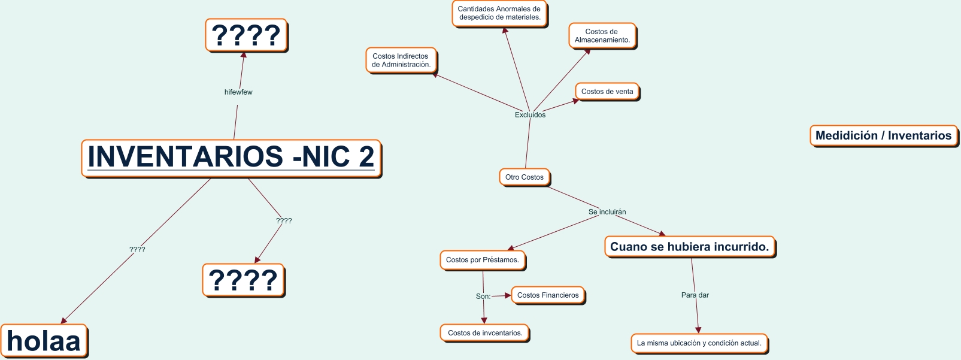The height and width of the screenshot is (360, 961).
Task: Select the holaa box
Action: (x=44, y=341)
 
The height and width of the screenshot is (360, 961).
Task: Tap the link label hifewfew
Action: (x=238, y=92)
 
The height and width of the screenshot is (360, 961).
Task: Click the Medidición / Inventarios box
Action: (x=883, y=135)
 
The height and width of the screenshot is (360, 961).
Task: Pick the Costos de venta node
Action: (x=607, y=92)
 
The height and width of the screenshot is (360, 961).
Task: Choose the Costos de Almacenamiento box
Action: (x=602, y=36)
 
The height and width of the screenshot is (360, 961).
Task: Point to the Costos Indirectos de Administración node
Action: (x=401, y=60)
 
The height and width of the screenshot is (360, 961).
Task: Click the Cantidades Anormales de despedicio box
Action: (x=499, y=13)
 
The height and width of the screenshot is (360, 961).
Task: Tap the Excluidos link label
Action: (x=530, y=115)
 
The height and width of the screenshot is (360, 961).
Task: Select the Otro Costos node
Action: (x=524, y=177)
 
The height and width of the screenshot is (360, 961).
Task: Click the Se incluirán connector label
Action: (x=607, y=212)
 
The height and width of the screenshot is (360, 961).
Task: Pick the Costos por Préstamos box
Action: (x=482, y=260)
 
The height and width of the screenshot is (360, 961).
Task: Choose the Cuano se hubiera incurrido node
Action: (x=689, y=247)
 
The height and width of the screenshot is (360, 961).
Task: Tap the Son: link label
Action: (x=483, y=297)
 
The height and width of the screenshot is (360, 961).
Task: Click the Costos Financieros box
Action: (x=548, y=295)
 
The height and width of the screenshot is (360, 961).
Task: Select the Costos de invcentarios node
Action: (x=485, y=333)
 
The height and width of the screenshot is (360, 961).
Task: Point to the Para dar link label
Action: (x=695, y=295)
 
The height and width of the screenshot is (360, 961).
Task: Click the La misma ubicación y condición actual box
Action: (x=699, y=343)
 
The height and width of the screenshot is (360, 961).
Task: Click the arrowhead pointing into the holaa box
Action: (x=63, y=320)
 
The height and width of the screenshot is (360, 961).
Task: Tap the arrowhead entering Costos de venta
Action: (x=575, y=101)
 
